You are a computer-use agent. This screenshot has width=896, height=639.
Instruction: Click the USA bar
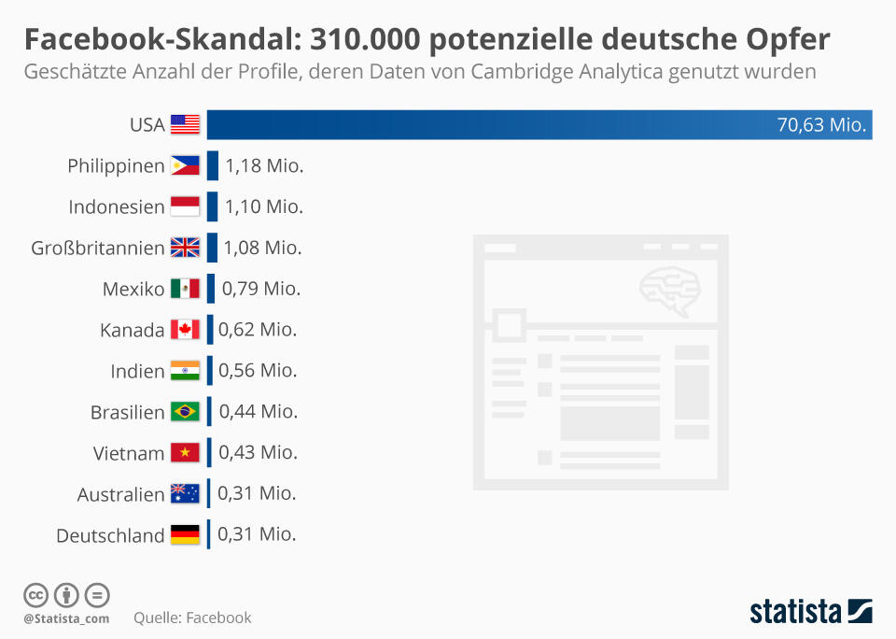[485, 124]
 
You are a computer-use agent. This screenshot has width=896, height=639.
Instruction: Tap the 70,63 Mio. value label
[821, 124]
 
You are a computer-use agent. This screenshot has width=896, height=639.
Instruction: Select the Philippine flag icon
[185, 165]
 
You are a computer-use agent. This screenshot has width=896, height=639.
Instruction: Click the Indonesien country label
[117, 206]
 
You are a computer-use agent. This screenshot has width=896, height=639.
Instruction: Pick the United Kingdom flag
[185, 248]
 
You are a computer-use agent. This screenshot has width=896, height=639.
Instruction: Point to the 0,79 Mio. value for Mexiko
[260, 289]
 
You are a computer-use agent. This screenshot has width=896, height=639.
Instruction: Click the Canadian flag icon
[185, 330]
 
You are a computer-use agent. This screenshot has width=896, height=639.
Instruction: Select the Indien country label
[137, 371]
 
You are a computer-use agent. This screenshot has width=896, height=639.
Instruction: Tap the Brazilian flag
[185, 412]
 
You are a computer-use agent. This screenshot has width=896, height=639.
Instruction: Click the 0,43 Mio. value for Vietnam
[258, 452]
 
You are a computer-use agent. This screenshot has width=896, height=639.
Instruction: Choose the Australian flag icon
[185, 493]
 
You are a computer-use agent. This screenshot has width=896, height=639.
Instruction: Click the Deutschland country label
[110, 535]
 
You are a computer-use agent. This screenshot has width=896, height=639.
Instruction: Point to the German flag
[185, 535]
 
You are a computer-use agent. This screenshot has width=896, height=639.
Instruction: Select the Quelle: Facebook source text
[192, 618]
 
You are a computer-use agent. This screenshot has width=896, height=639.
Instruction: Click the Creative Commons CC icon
[36, 595]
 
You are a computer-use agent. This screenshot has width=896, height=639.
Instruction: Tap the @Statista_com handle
[66, 618]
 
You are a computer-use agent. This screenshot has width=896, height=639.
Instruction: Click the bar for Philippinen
[213, 165]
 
